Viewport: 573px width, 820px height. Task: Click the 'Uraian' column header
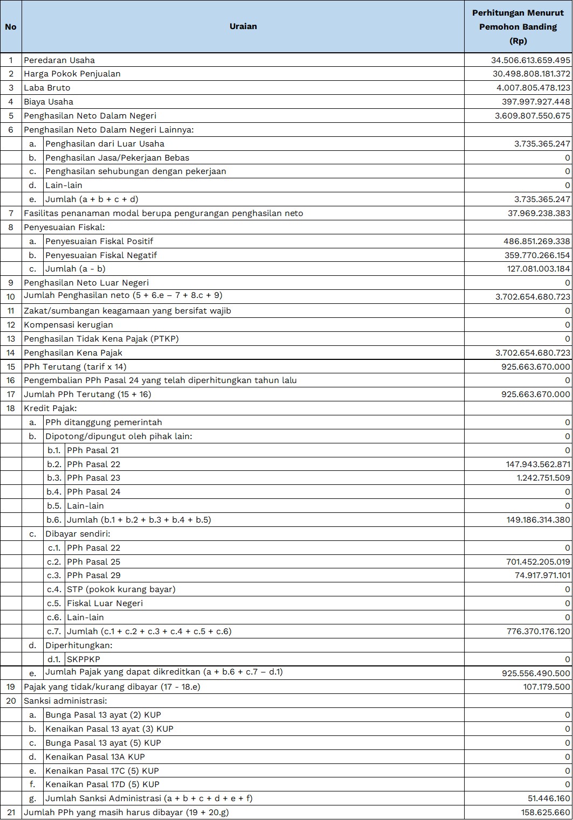point(243,26)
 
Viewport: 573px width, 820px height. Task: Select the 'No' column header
point(11,26)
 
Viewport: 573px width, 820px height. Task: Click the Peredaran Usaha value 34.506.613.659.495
point(530,60)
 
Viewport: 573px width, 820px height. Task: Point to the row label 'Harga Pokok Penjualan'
point(72,74)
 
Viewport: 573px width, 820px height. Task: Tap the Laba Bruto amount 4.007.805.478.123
point(533,88)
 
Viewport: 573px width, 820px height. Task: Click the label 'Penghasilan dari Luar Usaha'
point(105,144)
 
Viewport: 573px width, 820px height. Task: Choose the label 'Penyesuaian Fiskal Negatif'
point(101,255)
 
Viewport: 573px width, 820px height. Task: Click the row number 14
point(11,353)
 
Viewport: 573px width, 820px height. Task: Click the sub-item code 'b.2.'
point(54,464)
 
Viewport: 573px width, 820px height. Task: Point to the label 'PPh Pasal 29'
point(94,575)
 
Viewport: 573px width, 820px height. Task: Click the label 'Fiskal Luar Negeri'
point(105,603)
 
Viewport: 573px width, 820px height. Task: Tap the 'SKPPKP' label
point(84,659)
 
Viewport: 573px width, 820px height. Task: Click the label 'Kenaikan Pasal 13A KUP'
point(95,757)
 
